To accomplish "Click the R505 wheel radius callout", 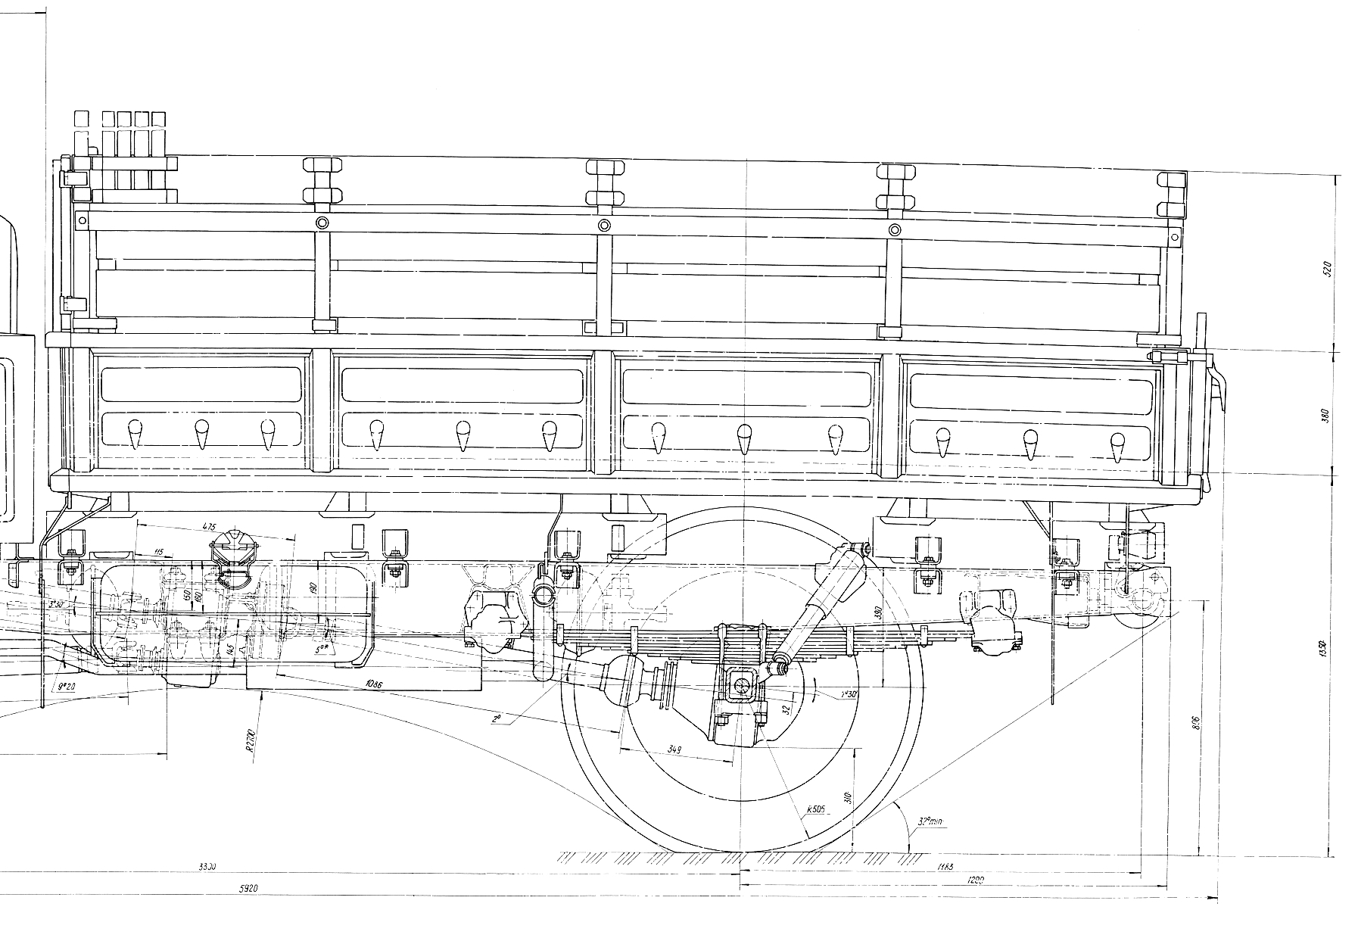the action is click(x=815, y=810).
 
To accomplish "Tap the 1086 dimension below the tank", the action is click(x=372, y=684).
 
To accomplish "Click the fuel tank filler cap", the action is click(x=233, y=547).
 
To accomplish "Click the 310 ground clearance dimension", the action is click(x=849, y=798).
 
